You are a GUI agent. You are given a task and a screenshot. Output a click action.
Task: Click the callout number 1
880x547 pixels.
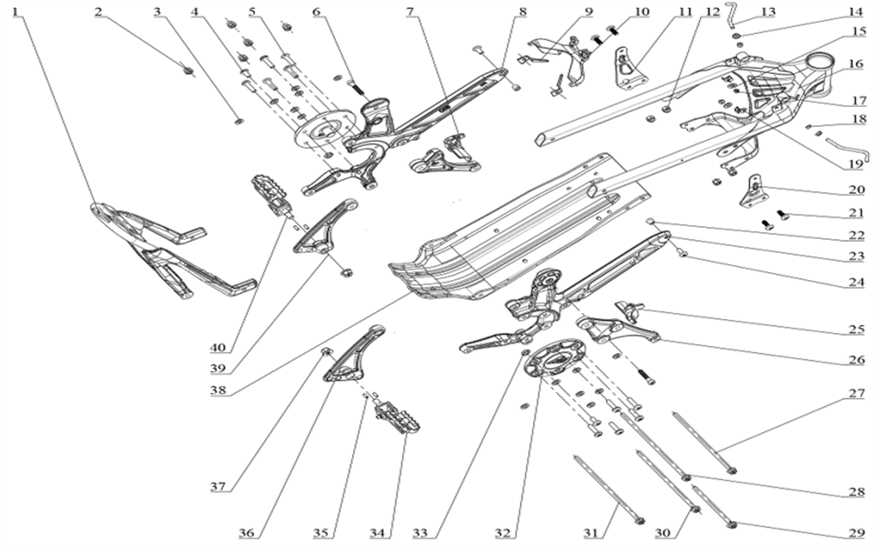(15, 12)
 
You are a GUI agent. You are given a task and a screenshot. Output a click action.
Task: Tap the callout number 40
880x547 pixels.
(218, 347)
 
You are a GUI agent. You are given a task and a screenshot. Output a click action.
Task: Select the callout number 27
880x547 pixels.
(856, 393)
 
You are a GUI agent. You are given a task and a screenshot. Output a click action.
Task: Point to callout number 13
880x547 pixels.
(768, 12)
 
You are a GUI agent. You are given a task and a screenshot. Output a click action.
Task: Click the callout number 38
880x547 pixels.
(218, 390)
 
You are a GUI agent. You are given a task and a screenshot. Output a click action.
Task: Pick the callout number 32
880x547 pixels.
(503, 533)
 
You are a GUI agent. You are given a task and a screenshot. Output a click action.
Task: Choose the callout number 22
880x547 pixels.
(856, 235)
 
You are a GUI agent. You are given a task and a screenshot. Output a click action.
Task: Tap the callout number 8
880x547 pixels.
(522, 12)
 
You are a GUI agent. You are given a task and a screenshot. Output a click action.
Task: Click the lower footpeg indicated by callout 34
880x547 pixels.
(397, 418)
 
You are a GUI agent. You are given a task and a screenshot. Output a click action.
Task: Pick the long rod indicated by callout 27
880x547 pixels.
(704, 442)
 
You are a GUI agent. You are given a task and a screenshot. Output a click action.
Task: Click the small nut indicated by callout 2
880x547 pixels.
(188, 70)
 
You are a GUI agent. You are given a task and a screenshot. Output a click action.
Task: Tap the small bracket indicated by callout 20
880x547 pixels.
(751, 191)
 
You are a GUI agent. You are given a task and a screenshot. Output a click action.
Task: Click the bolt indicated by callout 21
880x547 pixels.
(782, 214)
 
